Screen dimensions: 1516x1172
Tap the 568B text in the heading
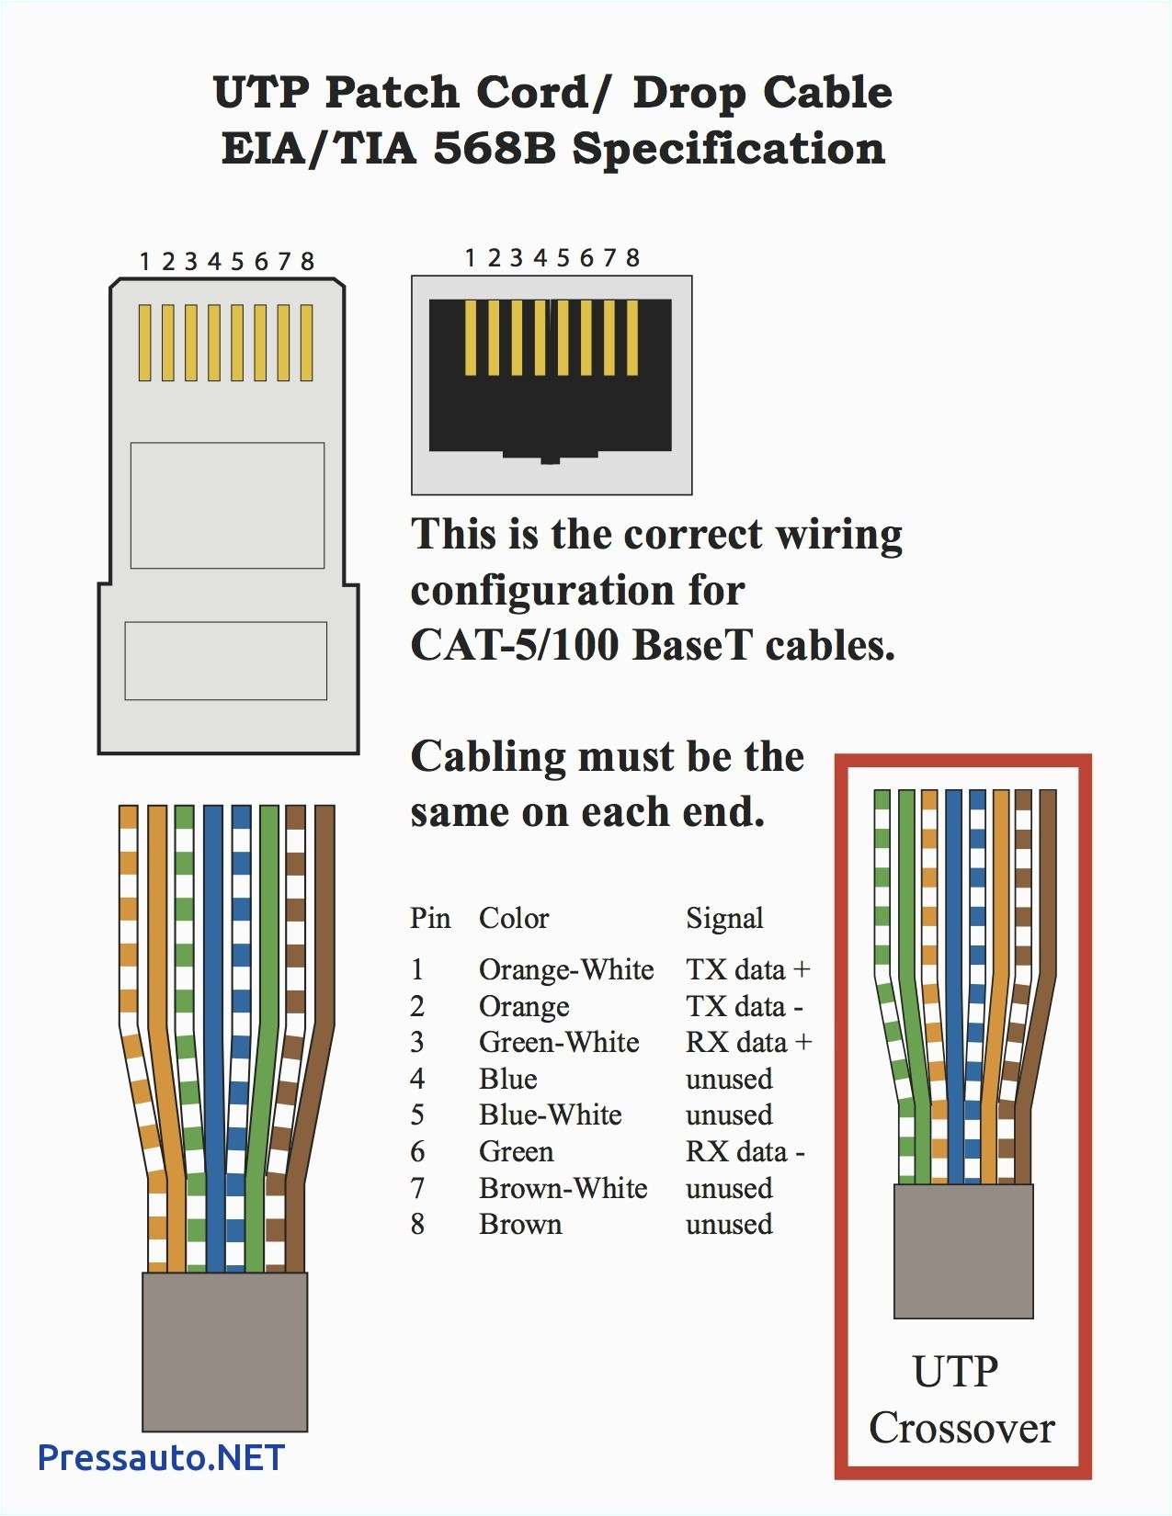pyautogui.click(x=495, y=149)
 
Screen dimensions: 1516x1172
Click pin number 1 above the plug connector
pyautogui.click(x=144, y=262)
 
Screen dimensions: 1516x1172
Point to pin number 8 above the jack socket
pyautogui.click(x=632, y=258)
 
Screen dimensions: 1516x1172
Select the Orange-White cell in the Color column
pyautogui.click(x=565, y=970)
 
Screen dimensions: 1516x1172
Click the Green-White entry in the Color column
pyautogui.click(x=558, y=1043)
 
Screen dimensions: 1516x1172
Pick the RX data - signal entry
pyautogui.click(x=745, y=1152)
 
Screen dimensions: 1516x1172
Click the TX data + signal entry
pyautogui.click(x=747, y=970)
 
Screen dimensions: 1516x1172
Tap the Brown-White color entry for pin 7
pyautogui.click(x=563, y=1189)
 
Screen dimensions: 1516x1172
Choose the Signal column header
pyautogui.click(x=724, y=919)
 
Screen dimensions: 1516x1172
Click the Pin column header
pyautogui.click(x=430, y=919)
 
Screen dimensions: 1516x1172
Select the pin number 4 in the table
pyautogui.click(x=417, y=1080)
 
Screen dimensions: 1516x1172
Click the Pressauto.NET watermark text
pyautogui.click(x=161, y=1458)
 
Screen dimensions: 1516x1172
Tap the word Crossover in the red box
pyautogui.click(x=961, y=1429)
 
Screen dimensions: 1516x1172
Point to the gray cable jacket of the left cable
pyautogui.click(x=224, y=1351)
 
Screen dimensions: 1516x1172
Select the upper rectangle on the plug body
pyautogui.click(x=227, y=505)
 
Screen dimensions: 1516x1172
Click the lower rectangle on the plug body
pyautogui.click(x=226, y=661)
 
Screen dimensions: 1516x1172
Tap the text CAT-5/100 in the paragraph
pyautogui.click(x=515, y=646)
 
